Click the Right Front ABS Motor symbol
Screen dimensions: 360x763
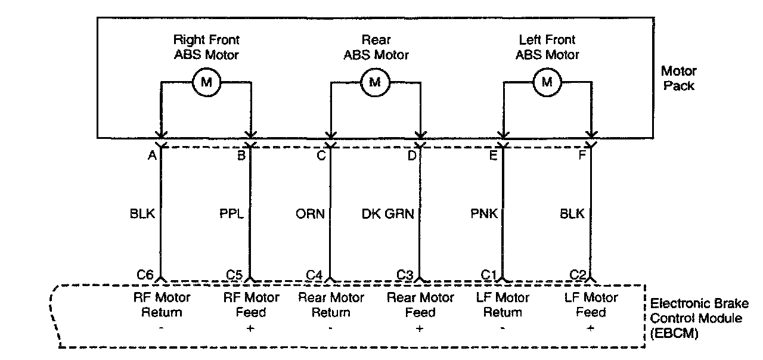pos(206,82)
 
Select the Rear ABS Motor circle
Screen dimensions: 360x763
pos(375,82)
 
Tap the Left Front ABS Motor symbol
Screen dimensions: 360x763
pos(546,82)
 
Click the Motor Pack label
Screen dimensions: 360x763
pos(678,78)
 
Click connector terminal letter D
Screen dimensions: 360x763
pos(411,156)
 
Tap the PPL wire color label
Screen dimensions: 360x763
pos(231,214)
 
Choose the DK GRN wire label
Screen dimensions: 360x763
pos(388,214)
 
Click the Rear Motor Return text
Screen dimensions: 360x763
pos(331,305)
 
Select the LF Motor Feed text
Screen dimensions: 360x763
pos(590,305)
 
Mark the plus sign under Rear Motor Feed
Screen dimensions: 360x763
pos(420,329)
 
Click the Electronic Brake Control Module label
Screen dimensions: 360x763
pos(696,318)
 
